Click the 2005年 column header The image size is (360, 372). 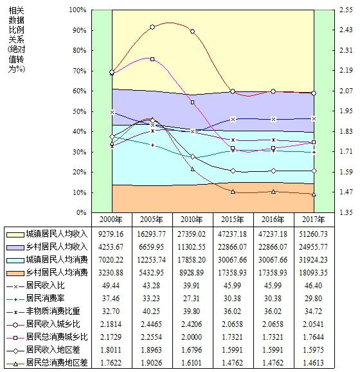(x=151, y=219)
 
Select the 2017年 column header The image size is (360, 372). (x=313, y=219)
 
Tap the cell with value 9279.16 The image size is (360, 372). (x=111, y=234)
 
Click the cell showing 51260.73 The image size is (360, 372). (x=313, y=234)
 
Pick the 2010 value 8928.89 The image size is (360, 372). (x=192, y=273)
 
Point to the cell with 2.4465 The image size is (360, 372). (x=151, y=324)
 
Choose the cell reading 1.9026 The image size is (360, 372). (x=151, y=362)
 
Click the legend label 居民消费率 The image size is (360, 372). (x=45, y=298)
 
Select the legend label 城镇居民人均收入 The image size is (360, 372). (x=57, y=234)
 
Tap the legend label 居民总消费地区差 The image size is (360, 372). (x=57, y=362)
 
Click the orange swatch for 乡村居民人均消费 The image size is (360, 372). (x=15, y=273)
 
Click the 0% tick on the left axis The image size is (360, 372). (x=81, y=212)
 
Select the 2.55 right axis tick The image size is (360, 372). (x=346, y=10)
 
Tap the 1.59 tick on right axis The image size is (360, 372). (x=346, y=172)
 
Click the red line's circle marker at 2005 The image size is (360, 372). (x=152, y=27)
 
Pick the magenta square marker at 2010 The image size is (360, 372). (x=193, y=102)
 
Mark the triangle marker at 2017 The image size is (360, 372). (x=314, y=194)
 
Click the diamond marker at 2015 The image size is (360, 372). (x=233, y=171)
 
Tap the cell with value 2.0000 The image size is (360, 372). (x=192, y=337)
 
